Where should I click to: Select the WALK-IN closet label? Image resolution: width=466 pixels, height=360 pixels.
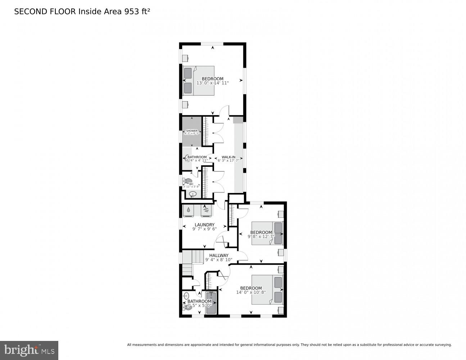(229, 157)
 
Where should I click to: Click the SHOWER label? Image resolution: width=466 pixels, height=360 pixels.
(191, 131)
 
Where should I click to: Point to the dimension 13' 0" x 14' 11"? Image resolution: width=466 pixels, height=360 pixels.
(212, 83)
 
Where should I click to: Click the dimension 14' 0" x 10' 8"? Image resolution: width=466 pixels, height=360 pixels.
(251, 292)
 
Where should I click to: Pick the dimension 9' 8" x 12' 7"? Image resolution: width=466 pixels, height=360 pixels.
(261, 237)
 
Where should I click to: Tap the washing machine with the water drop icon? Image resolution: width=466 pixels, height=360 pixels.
(189, 211)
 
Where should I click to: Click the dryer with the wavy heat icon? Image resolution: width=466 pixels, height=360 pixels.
(206, 211)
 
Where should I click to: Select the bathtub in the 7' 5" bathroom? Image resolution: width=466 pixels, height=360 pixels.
(211, 303)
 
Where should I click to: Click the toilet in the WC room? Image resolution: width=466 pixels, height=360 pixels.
(188, 181)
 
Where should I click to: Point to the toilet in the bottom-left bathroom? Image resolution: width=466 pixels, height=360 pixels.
(188, 307)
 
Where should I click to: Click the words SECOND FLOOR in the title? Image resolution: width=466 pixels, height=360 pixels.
(45, 12)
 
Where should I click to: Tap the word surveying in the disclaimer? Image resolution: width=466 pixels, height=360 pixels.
(440, 345)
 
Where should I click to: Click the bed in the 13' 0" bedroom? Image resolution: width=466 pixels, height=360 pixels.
(199, 81)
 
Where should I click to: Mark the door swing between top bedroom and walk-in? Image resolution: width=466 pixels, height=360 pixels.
(224, 111)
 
